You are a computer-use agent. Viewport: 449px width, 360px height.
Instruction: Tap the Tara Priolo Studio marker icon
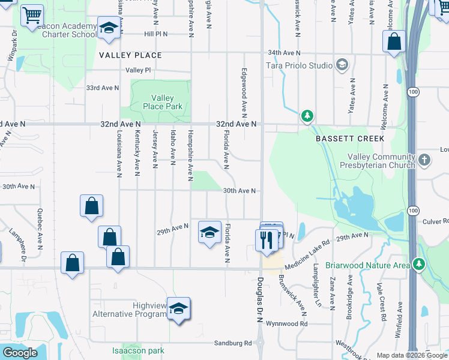(342, 65)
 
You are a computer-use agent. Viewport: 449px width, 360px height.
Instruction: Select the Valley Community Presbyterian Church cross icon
(424, 160)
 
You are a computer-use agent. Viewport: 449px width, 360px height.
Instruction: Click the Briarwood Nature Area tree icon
(418, 265)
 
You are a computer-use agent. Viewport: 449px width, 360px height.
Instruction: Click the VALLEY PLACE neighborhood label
(130, 55)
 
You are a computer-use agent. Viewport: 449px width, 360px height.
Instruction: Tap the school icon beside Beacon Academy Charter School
(109, 29)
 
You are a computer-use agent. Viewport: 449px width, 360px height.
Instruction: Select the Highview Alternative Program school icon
(178, 308)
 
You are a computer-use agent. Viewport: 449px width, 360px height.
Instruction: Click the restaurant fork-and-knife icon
(265, 239)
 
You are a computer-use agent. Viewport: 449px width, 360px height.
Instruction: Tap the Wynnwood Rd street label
(287, 324)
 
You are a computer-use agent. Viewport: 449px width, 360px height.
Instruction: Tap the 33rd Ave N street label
(103, 88)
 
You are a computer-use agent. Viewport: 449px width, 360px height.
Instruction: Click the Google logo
(20, 353)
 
